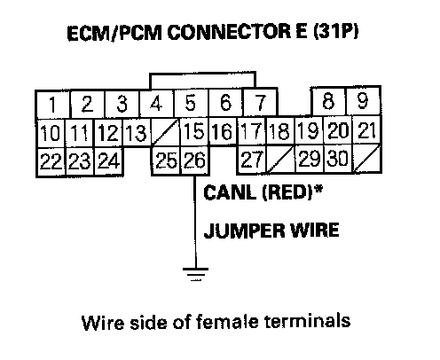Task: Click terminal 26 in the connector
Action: pos(195,160)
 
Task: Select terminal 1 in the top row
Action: pos(53,105)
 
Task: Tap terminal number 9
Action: pos(363,101)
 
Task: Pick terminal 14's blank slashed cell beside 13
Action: pos(166,132)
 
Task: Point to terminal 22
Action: pos(51,161)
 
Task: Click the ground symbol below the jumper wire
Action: pos(195,274)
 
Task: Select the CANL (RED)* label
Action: pos(263,192)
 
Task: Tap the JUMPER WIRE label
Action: pos(271,231)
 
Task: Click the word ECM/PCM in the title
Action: pos(114,33)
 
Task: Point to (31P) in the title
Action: pos(336,31)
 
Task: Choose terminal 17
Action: pos(252,131)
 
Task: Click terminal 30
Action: pos(338,159)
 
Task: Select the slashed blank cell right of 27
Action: pos(280,159)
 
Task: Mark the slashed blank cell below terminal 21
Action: pos(366,159)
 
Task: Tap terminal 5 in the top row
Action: pos(191,103)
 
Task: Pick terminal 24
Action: pos(108,161)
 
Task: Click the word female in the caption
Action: pos(227,321)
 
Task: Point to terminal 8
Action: pos(328,101)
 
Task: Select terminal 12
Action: pos(108,132)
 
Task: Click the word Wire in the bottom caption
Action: pos(103,322)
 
